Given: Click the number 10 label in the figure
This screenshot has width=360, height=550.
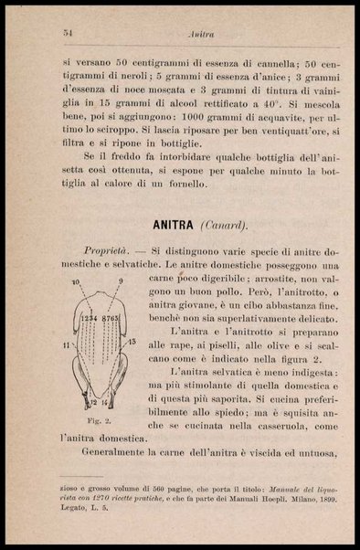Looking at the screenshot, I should pyautogui.click(x=76, y=282).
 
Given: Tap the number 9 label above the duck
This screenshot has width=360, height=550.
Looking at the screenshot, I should pyautogui.click(x=120, y=281).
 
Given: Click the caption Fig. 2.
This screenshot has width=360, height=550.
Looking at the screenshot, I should pyautogui.click(x=99, y=422).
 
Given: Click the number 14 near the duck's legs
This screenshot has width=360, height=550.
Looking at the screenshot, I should pyautogui.click(x=104, y=403).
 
